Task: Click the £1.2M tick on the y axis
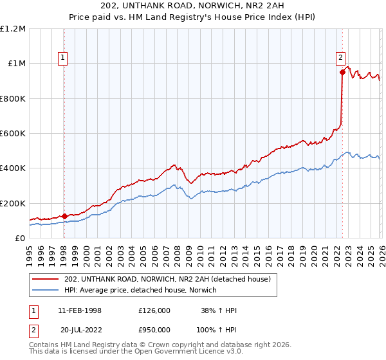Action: [x=12, y=29]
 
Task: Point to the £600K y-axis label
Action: [x=12, y=134]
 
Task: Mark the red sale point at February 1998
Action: [x=64, y=216]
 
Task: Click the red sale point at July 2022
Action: [x=343, y=73]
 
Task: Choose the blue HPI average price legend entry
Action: [x=141, y=290]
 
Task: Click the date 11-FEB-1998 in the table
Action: [x=80, y=310]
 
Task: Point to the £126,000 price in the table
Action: [x=154, y=310]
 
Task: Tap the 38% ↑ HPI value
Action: [x=219, y=310]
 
